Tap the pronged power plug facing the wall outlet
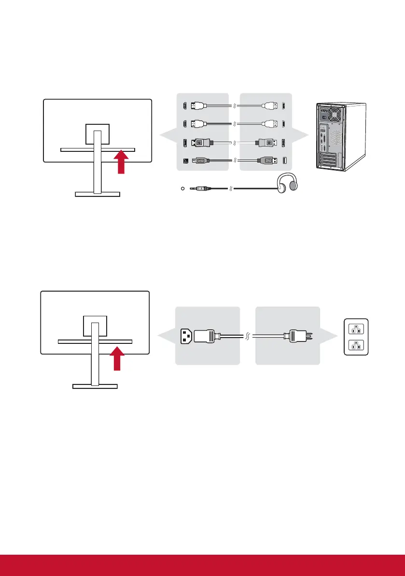[x=295, y=336]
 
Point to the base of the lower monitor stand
[x=95, y=386]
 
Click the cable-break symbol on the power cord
[x=248, y=336]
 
